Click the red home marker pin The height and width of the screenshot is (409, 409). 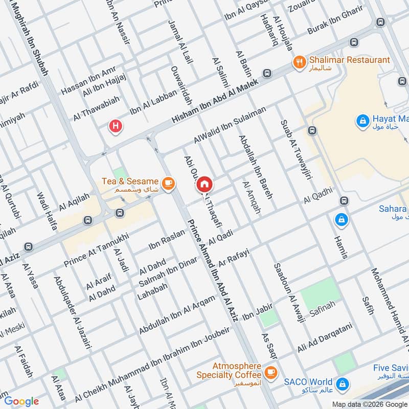[x=204, y=185]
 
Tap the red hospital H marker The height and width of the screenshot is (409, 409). [x=117, y=126]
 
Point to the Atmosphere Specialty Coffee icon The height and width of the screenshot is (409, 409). [x=270, y=372]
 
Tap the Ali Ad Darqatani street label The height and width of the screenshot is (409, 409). [x=325, y=338]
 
